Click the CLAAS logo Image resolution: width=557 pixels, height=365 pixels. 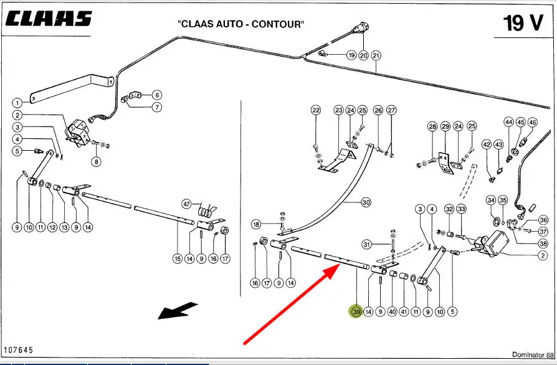(49, 19)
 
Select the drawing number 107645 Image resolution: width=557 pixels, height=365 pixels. (18, 351)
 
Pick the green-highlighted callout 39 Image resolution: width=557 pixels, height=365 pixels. (356, 311)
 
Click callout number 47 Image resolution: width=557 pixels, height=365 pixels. (186, 204)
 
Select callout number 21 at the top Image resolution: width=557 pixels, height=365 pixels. (376, 55)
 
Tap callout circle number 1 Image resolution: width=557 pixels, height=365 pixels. (17, 102)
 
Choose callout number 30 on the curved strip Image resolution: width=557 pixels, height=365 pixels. (366, 202)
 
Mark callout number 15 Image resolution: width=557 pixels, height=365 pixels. (178, 258)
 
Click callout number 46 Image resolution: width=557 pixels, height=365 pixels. (531, 123)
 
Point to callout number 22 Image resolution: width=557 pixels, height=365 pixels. (316, 110)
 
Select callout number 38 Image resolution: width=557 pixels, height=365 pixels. (543, 244)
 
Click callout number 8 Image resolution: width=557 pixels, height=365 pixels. (96, 162)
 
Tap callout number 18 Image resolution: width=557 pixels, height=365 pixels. (256, 224)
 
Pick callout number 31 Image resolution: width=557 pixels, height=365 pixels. (368, 244)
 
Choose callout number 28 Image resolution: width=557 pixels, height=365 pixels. (432, 127)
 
